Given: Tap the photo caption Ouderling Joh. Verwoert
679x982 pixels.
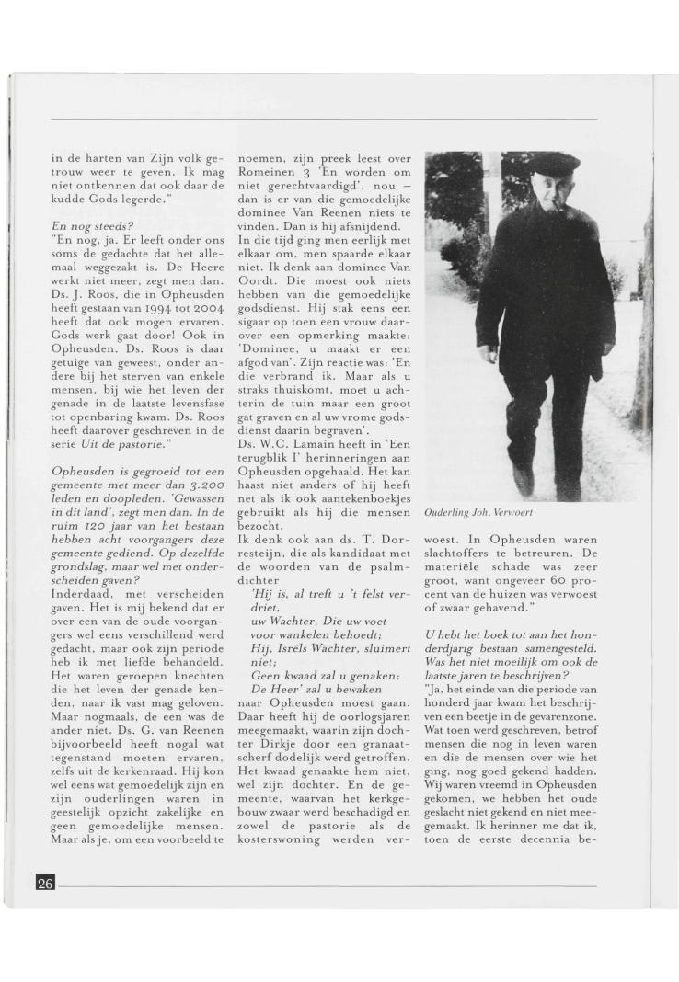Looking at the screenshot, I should pos(478,514).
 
